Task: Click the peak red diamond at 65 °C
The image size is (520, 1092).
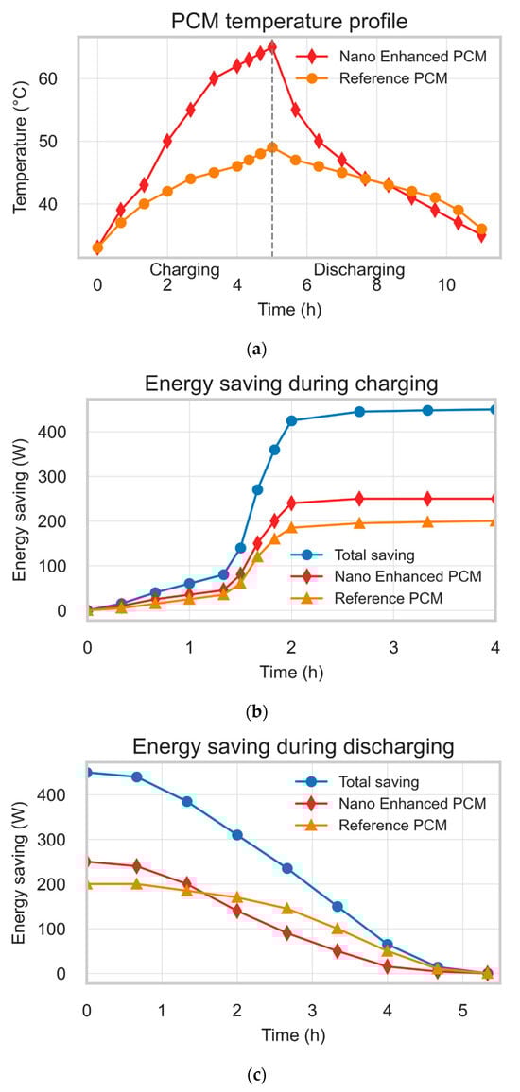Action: coord(272,46)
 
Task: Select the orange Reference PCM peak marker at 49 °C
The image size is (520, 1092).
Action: coord(272,147)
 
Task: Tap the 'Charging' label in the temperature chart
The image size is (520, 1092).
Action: coord(184,270)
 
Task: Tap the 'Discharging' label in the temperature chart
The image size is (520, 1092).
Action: coord(358,270)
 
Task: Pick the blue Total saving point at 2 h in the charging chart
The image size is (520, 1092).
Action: coord(291,420)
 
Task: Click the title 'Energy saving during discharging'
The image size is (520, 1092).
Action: coord(293,745)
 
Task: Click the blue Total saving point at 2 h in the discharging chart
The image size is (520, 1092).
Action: coord(237,835)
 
